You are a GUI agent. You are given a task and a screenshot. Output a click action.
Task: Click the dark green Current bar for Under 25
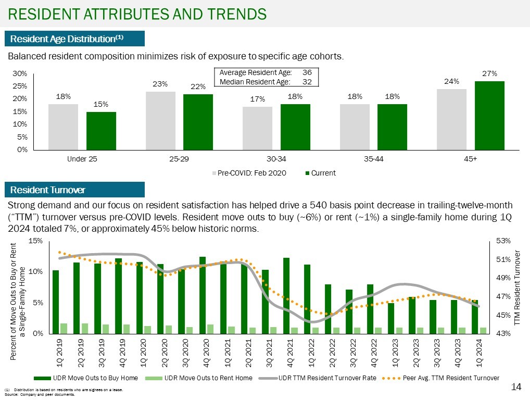click(101, 131)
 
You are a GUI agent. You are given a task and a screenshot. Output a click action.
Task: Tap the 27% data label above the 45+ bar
click(489, 74)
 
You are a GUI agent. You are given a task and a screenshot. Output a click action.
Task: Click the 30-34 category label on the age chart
click(276, 159)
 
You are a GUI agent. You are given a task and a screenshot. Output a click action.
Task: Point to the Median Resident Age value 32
click(307, 82)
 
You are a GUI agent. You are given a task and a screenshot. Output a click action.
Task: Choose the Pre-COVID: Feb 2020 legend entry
click(248, 173)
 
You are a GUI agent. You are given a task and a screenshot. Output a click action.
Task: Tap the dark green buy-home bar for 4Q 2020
click(203, 295)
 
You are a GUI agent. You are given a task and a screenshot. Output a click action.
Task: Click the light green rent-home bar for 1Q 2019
click(64, 328)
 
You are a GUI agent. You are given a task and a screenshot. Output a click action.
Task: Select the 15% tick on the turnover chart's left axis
click(35, 241)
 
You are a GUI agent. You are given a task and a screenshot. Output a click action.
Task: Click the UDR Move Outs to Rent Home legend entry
click(208, 378)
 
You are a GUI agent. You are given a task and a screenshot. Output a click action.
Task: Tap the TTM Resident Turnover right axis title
click(518, 287)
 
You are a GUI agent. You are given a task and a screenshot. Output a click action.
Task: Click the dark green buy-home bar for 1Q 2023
click(391, 318)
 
